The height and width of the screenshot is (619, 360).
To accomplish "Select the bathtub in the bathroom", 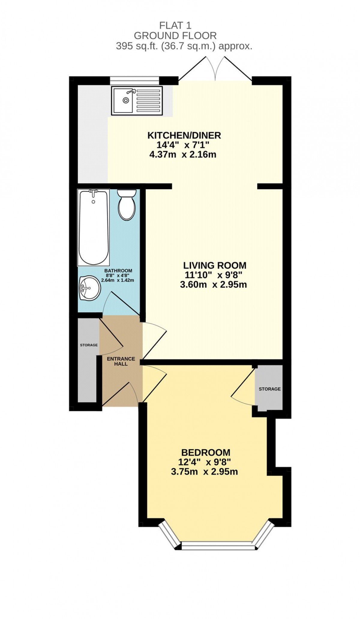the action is [x=93, y=227].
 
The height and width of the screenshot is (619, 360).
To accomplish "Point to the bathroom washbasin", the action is [x=90, y=288].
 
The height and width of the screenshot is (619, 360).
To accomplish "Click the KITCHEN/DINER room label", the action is [x=184, y=135].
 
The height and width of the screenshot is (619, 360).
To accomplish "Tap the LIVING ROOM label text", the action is [x=215, y=265].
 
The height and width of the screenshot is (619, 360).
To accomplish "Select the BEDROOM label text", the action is [x=206, y=452].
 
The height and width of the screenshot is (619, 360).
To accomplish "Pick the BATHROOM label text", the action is [x=118, y=270].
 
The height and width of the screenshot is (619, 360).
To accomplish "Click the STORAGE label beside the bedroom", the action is [x=270, y=389].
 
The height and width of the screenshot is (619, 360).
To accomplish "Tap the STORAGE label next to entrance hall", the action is [x=89, y=345].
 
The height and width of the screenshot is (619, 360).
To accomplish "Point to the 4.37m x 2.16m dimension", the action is [x=183, y=155].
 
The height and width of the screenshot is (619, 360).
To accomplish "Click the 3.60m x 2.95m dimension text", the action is [x=213, y=285].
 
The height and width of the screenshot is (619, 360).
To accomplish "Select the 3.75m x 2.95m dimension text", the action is [x=204, y=471].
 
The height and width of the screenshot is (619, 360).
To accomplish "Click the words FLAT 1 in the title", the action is [x=175, y=26].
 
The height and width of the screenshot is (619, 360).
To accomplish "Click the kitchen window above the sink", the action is [x=134, y=80].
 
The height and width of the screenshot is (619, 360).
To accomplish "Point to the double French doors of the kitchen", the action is [x=215, y=69].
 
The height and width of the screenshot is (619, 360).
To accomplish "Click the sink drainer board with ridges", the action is [x=148, y=100].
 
